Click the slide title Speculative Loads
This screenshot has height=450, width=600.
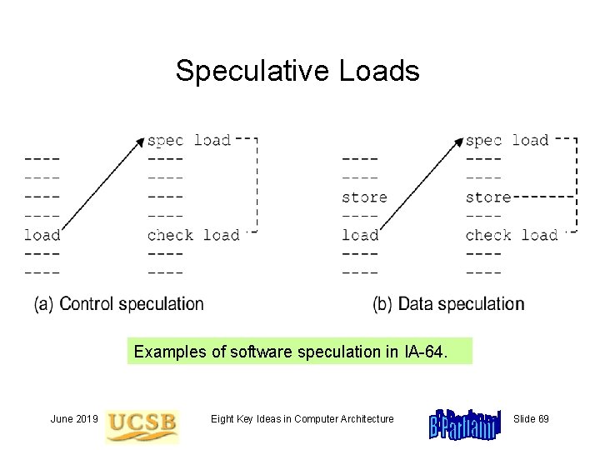pos(297,72)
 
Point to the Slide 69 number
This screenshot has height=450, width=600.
pos(531,418)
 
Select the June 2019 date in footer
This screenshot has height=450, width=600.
pos(74,418)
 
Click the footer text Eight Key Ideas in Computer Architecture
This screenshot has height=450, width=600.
pos(302,418)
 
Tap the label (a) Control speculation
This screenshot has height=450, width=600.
pos(119,304)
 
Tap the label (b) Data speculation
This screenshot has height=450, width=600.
pos(448,304)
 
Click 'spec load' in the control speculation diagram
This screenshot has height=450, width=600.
pos(189,140)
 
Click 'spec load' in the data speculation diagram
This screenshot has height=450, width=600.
pos(507,140)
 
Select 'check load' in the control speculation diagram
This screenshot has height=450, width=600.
pos(193,235)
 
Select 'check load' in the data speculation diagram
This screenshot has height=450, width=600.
pos(511,235)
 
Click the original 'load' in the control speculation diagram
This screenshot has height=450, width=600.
pos(42,235)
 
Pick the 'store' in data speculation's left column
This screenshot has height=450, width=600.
pos(364,197)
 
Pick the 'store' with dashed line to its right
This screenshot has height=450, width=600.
pos(487,197)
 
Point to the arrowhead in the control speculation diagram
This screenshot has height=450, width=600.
pos(140,143)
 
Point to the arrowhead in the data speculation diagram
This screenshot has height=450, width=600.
pos(457,143)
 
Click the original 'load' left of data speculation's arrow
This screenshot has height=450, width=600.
pos(360,235)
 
